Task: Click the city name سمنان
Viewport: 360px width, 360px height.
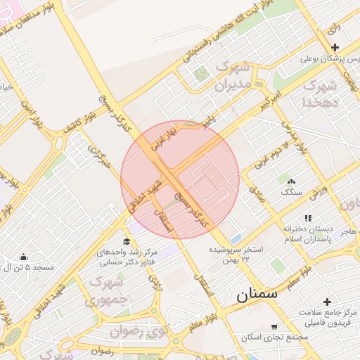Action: click(257, 294)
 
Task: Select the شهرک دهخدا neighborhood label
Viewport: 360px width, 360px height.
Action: click(316, 94)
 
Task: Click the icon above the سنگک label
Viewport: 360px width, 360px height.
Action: click(289, 181)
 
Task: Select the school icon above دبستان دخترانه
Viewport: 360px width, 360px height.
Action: click(307, 219)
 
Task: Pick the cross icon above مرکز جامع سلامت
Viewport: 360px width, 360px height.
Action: click(327, 301)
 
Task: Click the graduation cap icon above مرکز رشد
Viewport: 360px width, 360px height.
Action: click(126, 241)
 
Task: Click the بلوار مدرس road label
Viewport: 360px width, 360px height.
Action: click(295, 134)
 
